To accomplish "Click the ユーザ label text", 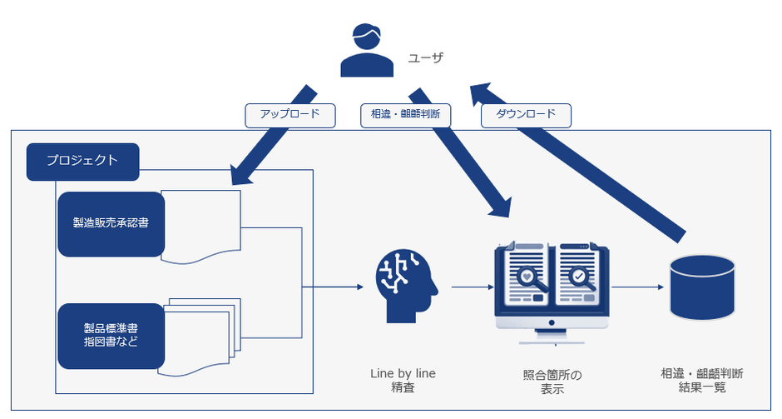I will (425, 58).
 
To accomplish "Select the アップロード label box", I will (290, 115).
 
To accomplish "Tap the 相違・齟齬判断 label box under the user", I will (405, 115).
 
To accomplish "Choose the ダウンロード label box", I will (526, 115).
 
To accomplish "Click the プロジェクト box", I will (82, 162).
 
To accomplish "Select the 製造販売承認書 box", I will (111, 224).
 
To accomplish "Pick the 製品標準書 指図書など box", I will (111, 336).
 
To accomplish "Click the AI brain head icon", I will (405, 286).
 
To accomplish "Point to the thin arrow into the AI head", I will (333, 287).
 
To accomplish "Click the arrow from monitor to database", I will (636, 287).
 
